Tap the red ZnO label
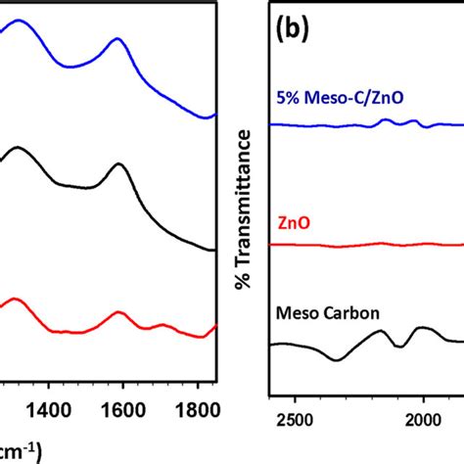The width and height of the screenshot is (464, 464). point(289,223)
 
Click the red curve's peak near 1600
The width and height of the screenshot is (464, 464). point(119,313)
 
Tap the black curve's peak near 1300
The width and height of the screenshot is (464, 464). point(18,150)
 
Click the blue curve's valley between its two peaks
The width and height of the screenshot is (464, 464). point(70,66)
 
